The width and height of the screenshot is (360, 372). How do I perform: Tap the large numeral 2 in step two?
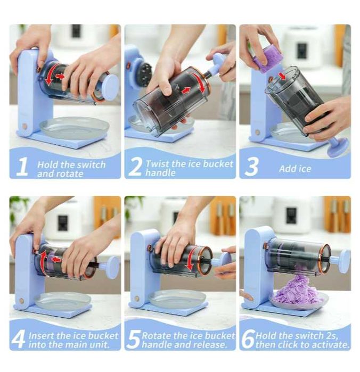click(x=135, y=167)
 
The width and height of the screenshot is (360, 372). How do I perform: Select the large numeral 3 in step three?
click(x=251, y=167)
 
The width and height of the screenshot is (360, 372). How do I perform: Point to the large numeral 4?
click(x=18, y=339)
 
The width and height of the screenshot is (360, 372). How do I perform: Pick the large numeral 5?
click(x=134, y=340)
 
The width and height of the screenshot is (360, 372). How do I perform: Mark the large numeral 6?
click(x=248, y=339)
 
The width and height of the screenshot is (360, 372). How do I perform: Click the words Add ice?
click(x=295, y=169)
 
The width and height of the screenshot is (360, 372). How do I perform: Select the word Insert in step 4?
click(x=42, y=336)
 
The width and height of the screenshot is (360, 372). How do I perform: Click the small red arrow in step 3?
click(x=282, y=76)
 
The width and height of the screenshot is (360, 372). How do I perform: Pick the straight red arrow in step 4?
click(x=56, y=259)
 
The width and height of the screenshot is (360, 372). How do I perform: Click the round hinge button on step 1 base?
click(x=24, y=126)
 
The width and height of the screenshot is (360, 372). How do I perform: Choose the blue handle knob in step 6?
click(x=345, y=260)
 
